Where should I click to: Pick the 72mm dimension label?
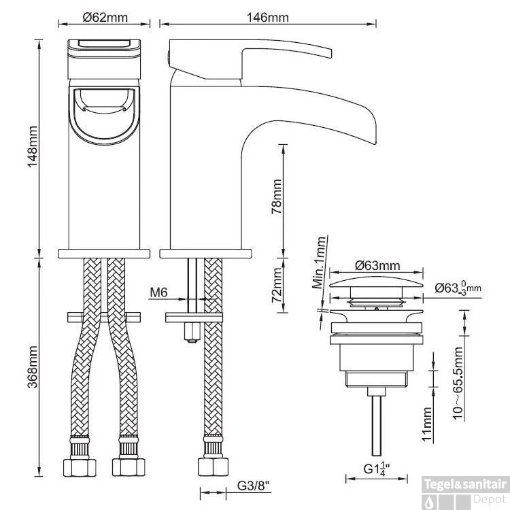pos(275,286)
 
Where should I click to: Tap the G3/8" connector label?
pos(253,486)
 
